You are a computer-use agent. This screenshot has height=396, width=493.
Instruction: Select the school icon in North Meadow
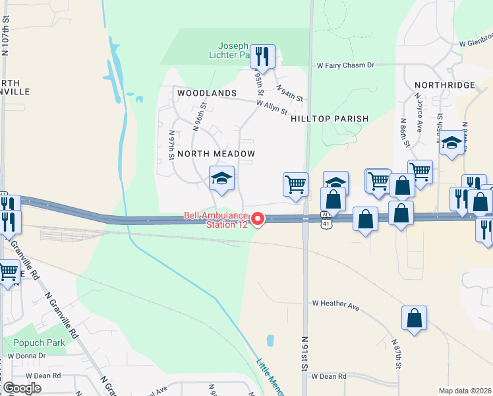click(x=221, y=178)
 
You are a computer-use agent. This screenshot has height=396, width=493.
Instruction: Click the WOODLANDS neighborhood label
click(x=207, y=93)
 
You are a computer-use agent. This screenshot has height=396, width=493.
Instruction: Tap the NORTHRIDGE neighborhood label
click(x=445, y=85)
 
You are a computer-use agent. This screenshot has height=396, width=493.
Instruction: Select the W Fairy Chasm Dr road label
click(x=345, y=65)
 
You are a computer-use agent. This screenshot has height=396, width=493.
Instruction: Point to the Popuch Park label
click(x=39, y=343)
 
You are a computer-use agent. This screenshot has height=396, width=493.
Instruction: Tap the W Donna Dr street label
click(x=26, y=355)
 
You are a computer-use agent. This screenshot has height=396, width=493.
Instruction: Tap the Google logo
click(x=22, y=388)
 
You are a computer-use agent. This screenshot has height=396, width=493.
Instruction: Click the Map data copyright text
click(x=465, y=391)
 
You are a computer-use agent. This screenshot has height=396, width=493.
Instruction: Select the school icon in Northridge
click(x=451, y=143)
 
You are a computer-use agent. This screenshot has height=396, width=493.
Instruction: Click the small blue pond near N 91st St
click(x=270, y=341)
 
